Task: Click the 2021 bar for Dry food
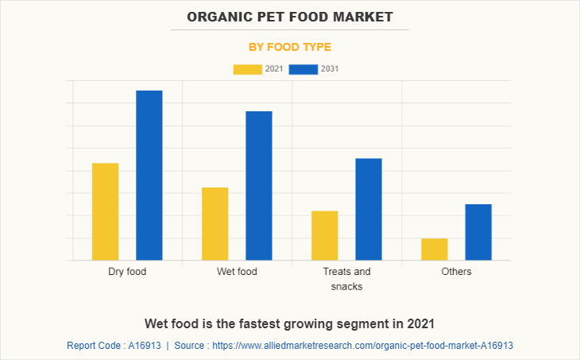pos(106,211)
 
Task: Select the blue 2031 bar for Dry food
pos(149,175)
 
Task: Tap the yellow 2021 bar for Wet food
pos(215,223)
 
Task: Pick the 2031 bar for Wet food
pos(259,185)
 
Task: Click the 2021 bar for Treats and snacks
pos(325,235)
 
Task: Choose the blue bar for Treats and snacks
pos(369,209)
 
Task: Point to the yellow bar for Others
pos(435,249)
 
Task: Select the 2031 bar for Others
pos(478,232)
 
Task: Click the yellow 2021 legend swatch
pos(247,69)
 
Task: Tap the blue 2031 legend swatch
pos(304,69)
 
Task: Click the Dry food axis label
pos(127,272)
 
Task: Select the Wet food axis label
pos(237,272)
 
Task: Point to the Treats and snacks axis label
pos(346,279)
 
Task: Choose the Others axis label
pos(456,272)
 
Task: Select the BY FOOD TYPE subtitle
pos(290,47)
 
